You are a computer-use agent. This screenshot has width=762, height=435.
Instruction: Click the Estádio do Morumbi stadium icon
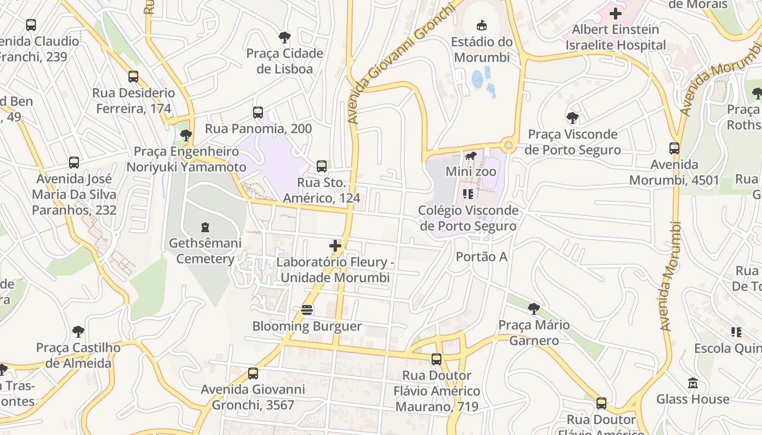click(x=482, y=25)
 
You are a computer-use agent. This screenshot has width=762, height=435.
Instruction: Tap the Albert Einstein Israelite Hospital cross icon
click(x=616, y=13)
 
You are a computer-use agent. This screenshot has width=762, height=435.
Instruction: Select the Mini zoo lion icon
click(x=471, y=156)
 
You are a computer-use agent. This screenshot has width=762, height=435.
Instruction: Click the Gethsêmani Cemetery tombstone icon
click(x=205, y=227)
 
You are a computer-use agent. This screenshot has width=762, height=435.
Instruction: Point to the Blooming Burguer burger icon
click(x=307, y=310)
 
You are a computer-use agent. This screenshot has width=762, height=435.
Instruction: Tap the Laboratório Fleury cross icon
click(x=335, y=246)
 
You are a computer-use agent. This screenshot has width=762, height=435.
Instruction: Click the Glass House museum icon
click(x=692, y=383)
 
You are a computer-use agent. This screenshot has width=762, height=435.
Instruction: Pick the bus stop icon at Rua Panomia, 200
click(x=258, y=113)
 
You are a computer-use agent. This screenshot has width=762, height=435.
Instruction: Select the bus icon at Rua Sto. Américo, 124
click(x=322, y=166)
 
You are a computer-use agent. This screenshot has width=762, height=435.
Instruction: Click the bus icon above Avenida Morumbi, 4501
click(x=674, y=148)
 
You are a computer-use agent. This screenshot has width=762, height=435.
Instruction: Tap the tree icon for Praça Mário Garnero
click(x=534, y=309)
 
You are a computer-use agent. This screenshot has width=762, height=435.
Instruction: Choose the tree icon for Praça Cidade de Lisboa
click(x=284, y=38)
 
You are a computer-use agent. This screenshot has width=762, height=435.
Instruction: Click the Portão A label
click(x=482, y=257)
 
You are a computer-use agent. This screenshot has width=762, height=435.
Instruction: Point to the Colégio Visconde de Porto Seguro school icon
click(x=468, y=194)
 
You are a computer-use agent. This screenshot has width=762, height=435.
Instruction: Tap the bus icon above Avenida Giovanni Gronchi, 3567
click(x=253, y=374)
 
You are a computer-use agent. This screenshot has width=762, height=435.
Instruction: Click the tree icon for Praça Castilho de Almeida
click(x=78, y=331)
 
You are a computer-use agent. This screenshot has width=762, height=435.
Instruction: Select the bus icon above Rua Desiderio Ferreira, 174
click(x=133, y=77)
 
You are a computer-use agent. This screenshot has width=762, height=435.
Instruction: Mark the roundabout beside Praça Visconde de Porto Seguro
click(x=509, y=145)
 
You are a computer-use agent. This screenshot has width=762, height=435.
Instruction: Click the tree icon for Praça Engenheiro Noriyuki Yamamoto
click(x=186, y=135)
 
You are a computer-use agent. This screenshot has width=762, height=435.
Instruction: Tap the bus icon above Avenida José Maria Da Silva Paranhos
click(x=74, y=162)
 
